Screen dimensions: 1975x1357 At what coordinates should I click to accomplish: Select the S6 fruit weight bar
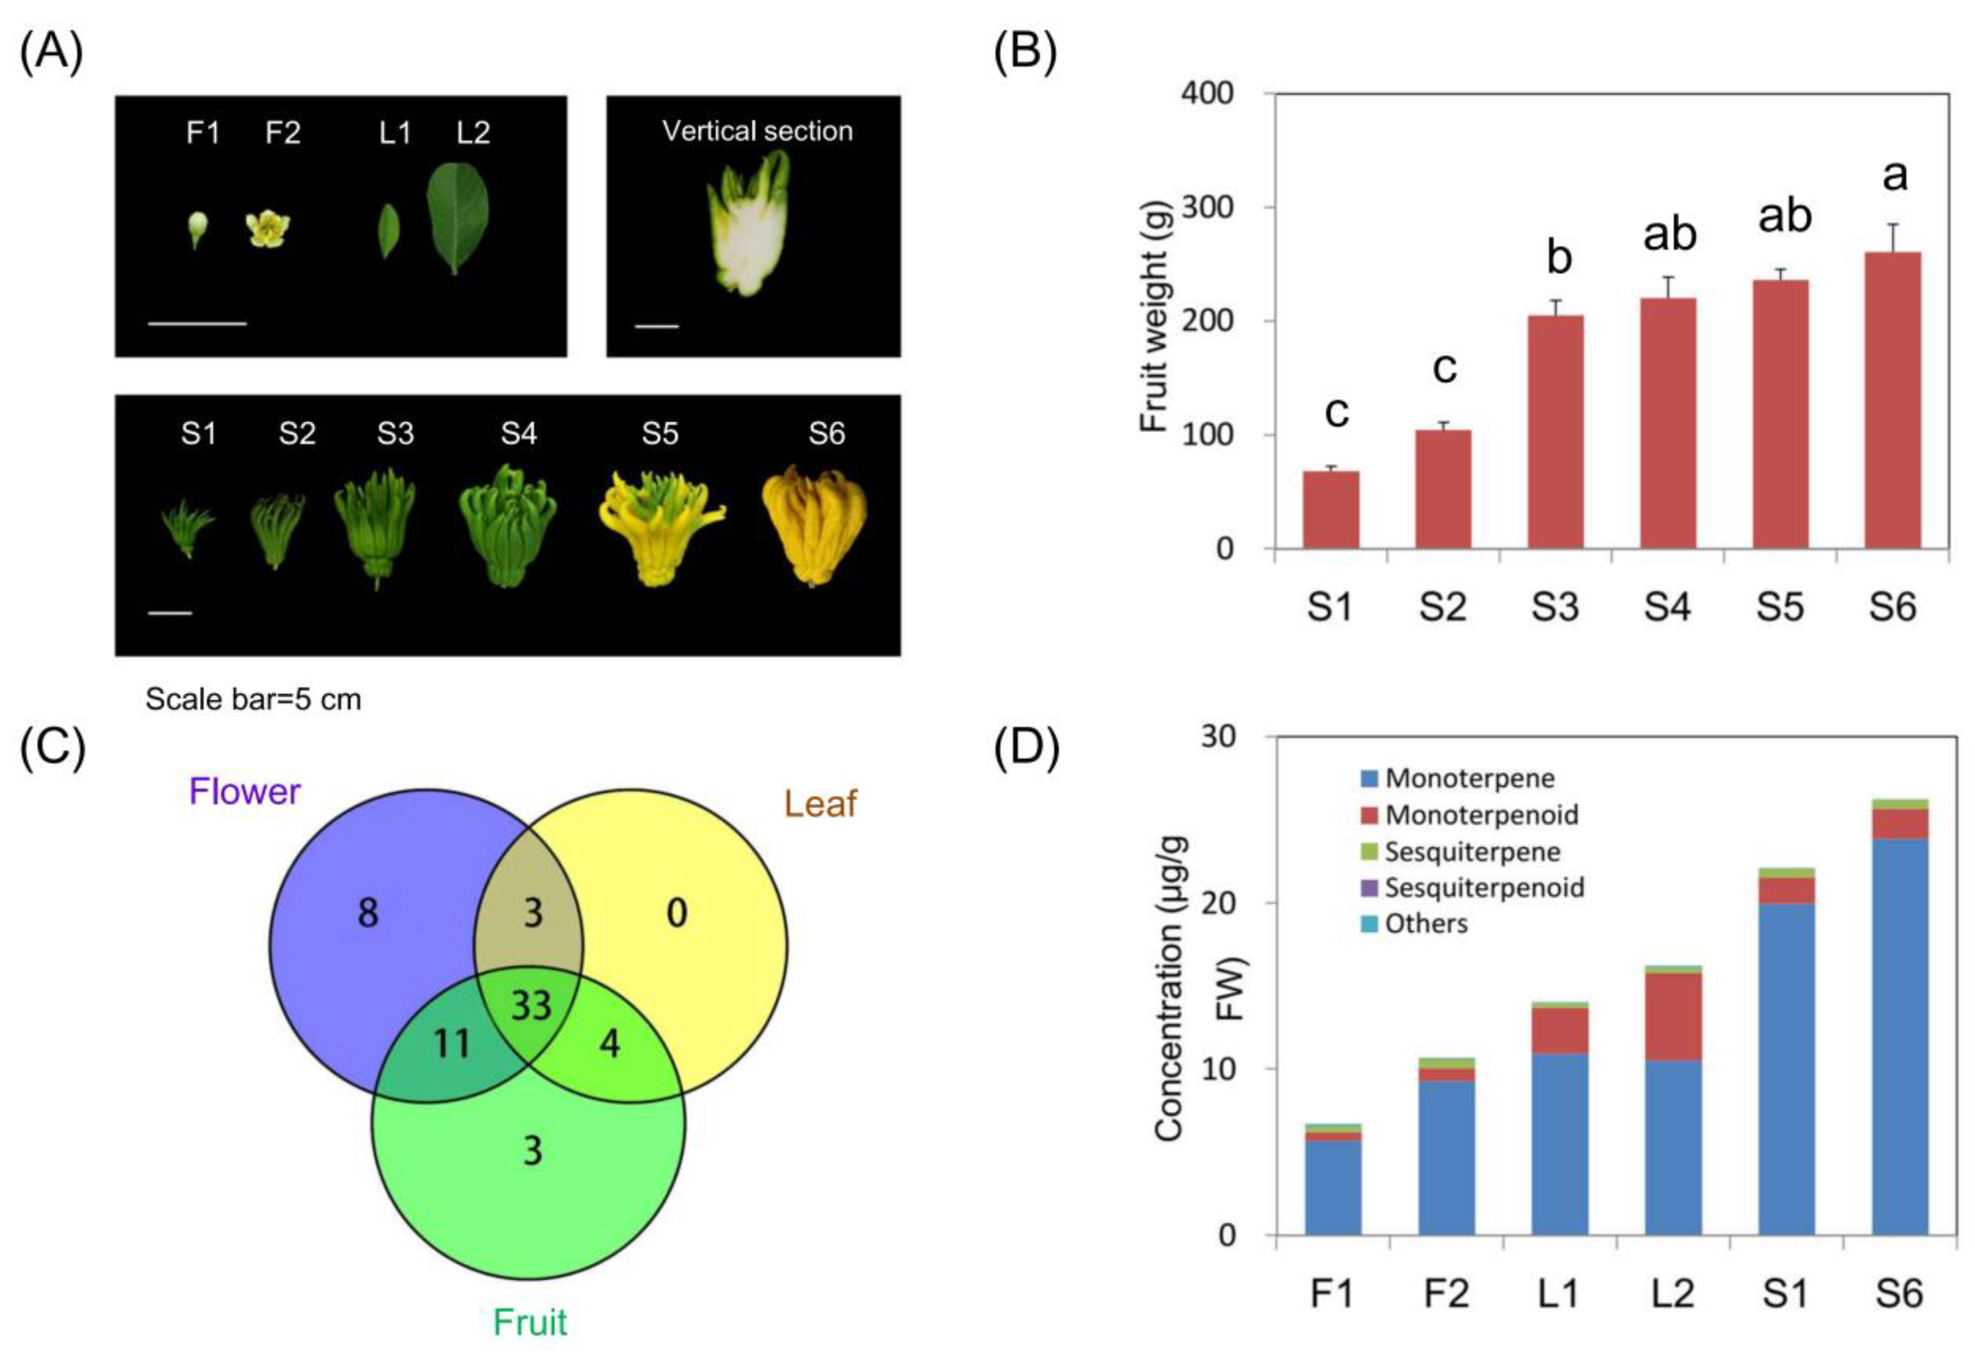(x=1893, y=400)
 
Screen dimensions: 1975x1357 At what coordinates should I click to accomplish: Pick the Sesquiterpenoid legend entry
(x=1473, y=888)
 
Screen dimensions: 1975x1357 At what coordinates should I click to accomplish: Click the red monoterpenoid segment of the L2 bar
(x=1673, y=1017)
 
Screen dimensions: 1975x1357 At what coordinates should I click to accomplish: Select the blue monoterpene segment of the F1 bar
(x=1333, y=1188)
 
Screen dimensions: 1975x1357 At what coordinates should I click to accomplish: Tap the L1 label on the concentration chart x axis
(x=1558, y=1293)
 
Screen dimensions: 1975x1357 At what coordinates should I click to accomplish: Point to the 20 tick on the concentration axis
(x=1218, y=902)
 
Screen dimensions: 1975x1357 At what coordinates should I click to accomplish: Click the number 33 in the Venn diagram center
(x=531, y=1006)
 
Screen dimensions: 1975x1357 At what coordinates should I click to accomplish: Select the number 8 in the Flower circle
(x=368, y=914)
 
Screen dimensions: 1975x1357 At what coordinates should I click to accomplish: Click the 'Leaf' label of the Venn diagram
(x=821, y=804)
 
